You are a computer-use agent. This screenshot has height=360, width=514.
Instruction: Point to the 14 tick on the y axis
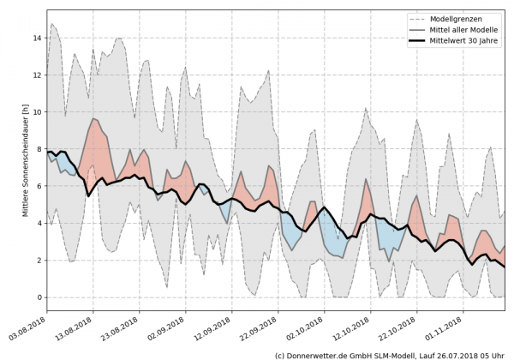click(37, 38)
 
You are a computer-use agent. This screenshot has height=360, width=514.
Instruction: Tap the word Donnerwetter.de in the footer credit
click(326, 354)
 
